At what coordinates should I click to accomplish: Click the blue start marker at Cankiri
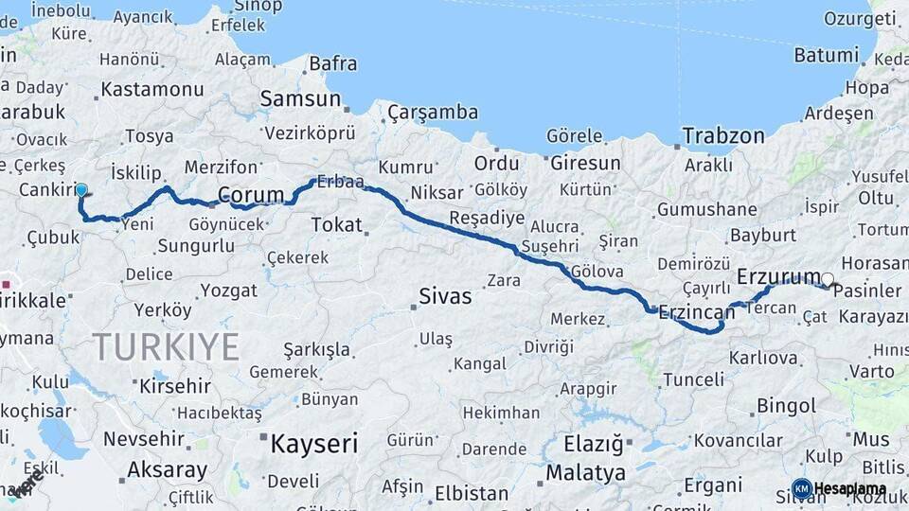(x=81, y=190)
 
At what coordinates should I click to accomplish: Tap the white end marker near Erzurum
(x=828, y=279)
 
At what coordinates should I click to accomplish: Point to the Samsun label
(x=300, y=98)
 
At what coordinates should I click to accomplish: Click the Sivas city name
(x=445, y=297)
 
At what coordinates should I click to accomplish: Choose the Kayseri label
(x=314, y=443)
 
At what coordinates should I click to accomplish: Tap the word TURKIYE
(x=166, y=347)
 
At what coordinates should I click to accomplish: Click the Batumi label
(x=826, y=55)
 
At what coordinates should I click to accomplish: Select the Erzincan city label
(x=697, y=311)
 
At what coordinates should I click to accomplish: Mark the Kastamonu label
(x=151, y=90)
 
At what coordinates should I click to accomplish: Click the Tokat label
(x=337, y=225)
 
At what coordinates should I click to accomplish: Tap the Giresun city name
(x=585, y=163)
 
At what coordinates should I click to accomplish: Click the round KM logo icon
(x=801, y=489)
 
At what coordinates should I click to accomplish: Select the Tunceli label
(x=693, y=379)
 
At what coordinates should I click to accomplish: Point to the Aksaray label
(x=167, y=470)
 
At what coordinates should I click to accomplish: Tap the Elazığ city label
(x=594, y=443)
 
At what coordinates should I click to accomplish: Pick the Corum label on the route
(x=251, y=195)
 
